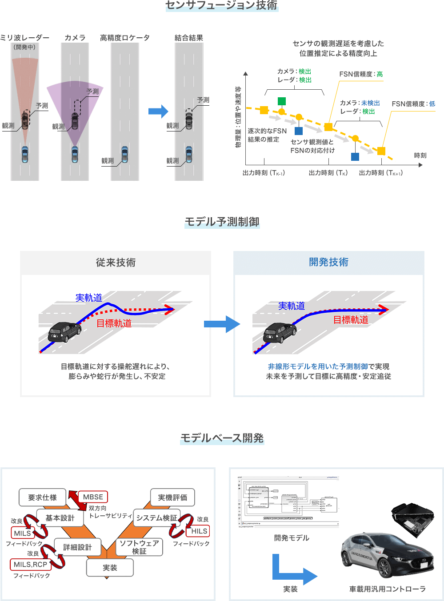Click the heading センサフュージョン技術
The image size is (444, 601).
click(221, 5)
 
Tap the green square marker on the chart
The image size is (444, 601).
click(281, 101)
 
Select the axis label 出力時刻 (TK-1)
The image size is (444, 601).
click(264, 173)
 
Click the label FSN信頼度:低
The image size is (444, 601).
click(413, 104)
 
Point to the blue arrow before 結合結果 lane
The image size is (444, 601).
click(158, 111)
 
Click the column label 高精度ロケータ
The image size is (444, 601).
click(124, 38)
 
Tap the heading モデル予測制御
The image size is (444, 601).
click(222, 222)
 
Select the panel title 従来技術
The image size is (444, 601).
click(116, 263)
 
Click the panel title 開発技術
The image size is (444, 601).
click(328, 262)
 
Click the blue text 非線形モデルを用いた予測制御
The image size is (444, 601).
click(317, 366)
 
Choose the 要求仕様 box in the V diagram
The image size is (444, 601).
click(42, 498)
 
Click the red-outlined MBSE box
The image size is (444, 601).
click(93, 497)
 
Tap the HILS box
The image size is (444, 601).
click(199, 531)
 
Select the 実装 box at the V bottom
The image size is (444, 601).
click(110, 568)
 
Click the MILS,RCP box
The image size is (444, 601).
click(30, 564)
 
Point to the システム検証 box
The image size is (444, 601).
click(156, 518)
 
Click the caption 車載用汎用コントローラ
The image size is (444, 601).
click(387, 589)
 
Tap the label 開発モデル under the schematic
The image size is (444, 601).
click(292, 538)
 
